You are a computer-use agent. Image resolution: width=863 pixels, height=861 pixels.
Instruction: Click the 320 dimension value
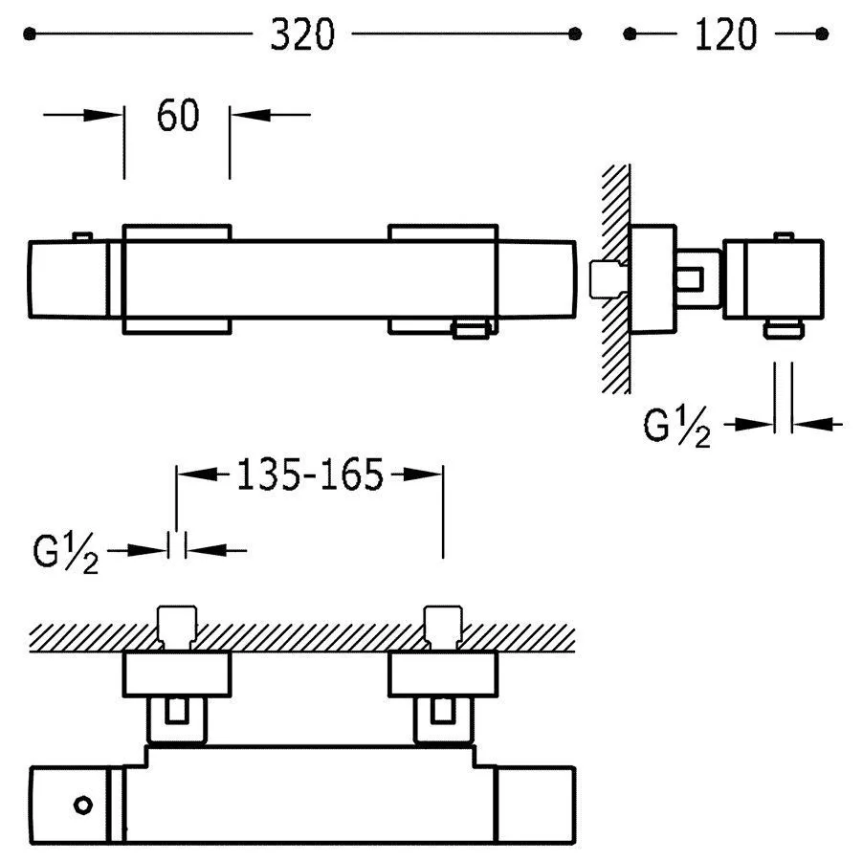302,34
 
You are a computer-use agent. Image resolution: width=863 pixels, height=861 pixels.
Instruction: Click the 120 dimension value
727,34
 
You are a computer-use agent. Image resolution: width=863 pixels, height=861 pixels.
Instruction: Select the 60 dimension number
177,116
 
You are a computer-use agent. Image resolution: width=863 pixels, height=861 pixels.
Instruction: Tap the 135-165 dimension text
309,475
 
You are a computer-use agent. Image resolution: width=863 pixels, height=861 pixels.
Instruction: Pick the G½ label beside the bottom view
67,553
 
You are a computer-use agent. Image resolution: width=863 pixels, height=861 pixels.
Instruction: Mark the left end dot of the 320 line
30,34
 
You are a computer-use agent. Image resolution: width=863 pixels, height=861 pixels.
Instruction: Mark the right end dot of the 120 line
822,34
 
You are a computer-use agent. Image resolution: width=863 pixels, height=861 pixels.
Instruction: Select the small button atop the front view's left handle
82,235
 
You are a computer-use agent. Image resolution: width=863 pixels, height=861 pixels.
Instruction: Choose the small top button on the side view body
784,235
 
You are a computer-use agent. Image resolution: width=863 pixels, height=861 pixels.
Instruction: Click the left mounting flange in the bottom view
177,674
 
